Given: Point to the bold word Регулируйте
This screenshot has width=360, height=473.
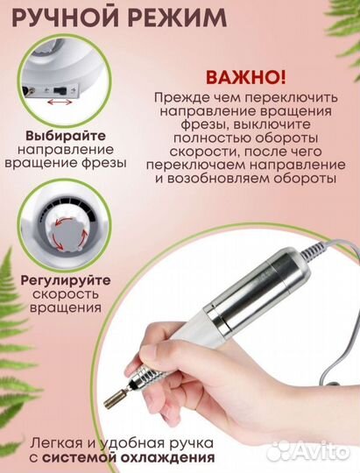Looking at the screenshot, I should click(x=57, y=279).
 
